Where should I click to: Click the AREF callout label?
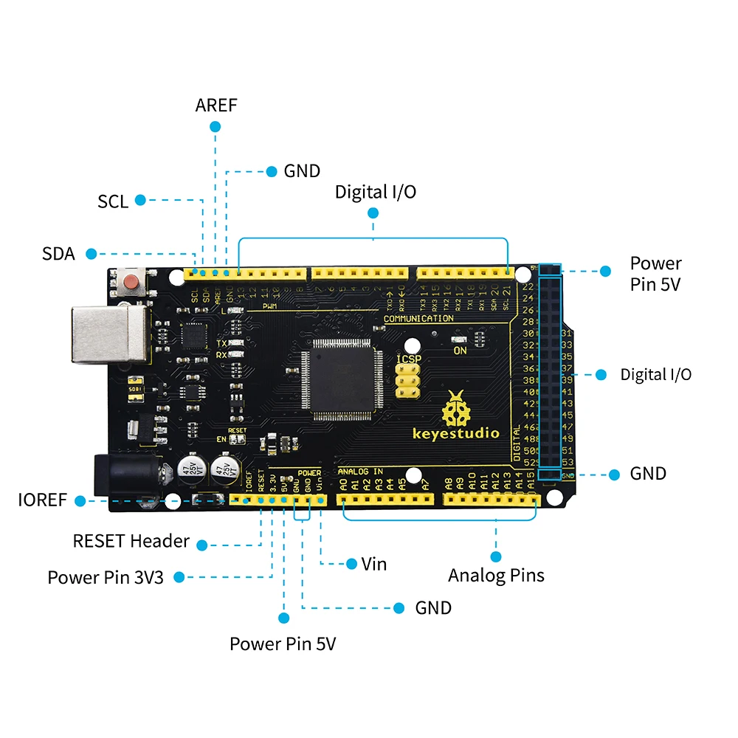click(x=216, y=105)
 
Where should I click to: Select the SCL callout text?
click(x=113, y=201)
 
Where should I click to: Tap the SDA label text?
click(x=58, y=254)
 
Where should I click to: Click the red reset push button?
click(x=131, y=282)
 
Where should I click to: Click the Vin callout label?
click(x=374, y=564)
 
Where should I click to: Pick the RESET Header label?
click(x=131, y=541)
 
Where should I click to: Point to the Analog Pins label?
click(x=496, y=575)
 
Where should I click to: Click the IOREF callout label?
click(x=43, y=500)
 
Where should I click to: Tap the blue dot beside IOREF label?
click(x=79, y=500)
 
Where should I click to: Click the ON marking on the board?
click(x=461, y=351)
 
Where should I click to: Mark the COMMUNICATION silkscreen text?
click(x=418, y=318)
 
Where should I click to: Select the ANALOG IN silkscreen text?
click(x=360, y=471)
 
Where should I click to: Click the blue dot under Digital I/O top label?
click(x=373, y=213)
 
